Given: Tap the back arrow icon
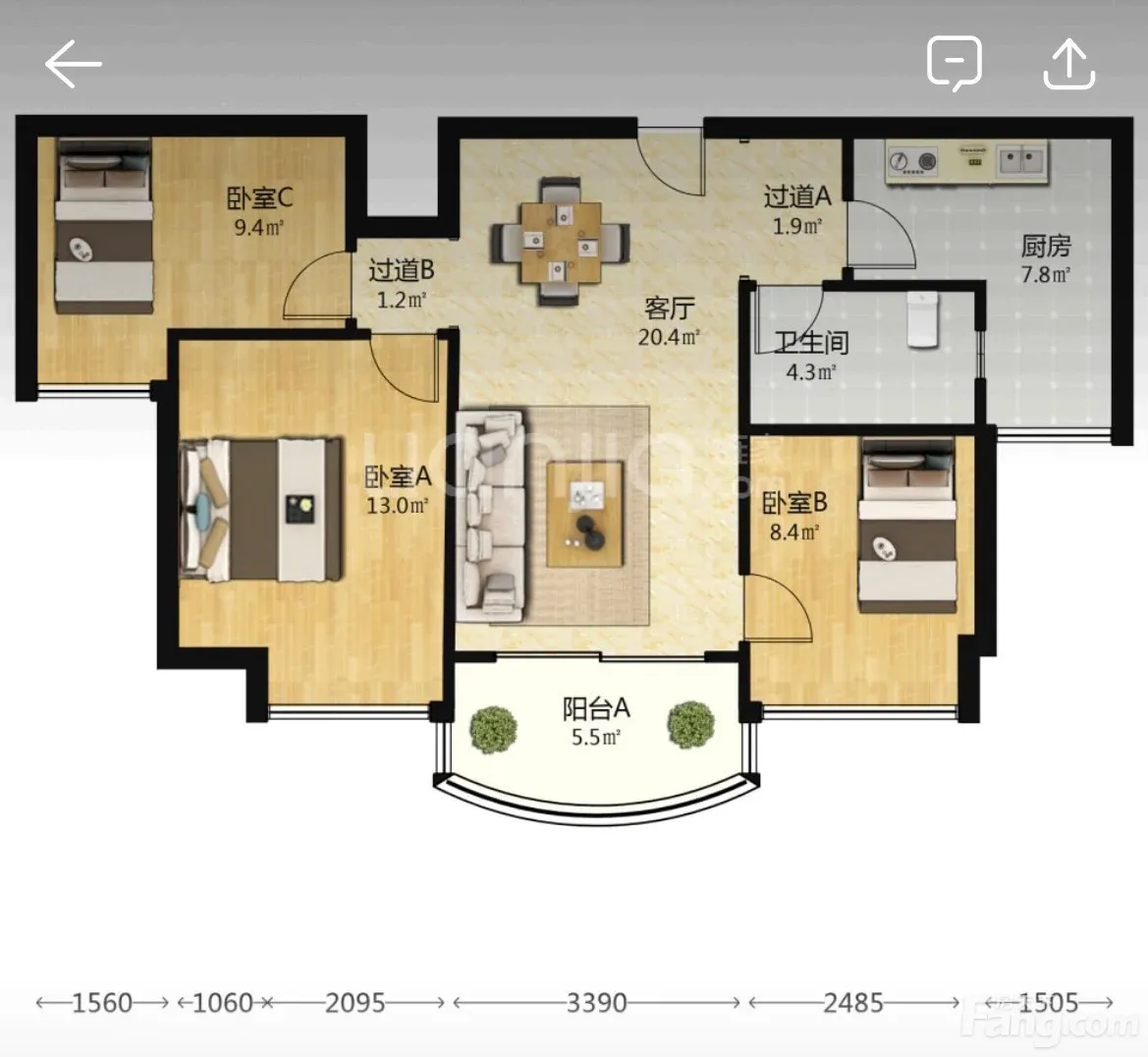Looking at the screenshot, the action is (73, 64).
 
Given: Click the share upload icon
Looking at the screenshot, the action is (1068, 64).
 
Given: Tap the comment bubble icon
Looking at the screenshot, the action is (954, 64).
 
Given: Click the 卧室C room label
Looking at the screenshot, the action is (259, 197).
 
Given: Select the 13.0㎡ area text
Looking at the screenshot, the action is (397, 506).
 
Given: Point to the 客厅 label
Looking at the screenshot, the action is (669, 308).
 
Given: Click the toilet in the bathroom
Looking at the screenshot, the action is (922, 318).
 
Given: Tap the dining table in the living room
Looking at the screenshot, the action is (561, 243).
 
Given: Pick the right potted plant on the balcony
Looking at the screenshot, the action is (690, 725).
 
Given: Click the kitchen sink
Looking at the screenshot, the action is (1022, 160).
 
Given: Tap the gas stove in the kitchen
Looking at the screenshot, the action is (912, 162).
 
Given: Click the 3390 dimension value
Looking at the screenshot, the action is (597, 1003).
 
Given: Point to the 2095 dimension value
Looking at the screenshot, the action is (355, 1003).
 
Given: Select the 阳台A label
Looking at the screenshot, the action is (596, 708).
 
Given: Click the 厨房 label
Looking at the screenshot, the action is (1046, 247).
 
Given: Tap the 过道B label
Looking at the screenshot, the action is (402, 270).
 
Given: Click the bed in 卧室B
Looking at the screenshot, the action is (907, 526).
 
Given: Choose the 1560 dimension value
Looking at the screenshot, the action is (102, 1003).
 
